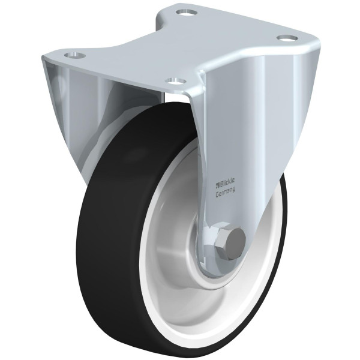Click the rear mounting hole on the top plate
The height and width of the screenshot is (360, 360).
(186, 13)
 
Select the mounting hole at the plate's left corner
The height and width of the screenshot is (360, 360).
(74, 55)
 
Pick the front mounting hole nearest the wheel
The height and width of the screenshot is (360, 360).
(176, 80)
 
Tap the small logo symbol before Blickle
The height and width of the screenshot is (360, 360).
(217, 184)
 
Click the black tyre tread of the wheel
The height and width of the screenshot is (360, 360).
(110, 253)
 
